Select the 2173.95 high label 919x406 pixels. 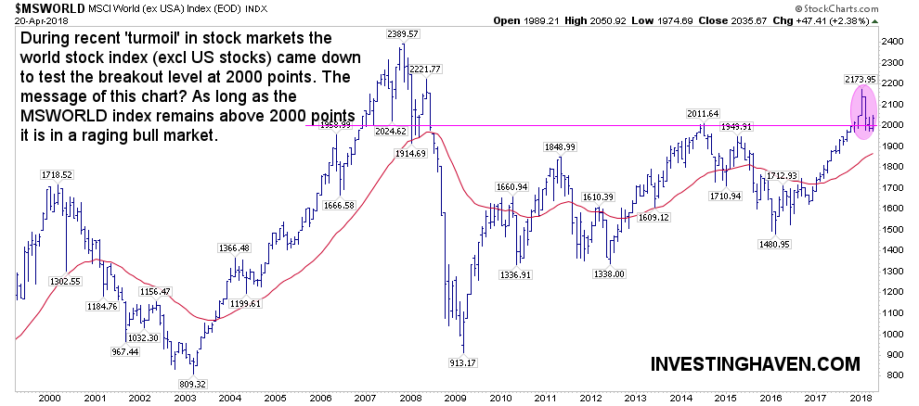(x=861, y=81)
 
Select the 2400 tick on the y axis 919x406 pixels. (x=895, y=43)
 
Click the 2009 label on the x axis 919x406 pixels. (x=453, y=396)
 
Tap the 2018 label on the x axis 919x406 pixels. (x=861, y=396)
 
